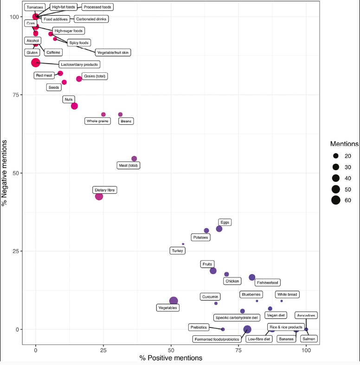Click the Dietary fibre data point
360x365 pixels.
click(x=99, y=196)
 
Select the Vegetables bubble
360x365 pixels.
click(x=174, y=301)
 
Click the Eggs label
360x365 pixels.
click(x=225, y=222)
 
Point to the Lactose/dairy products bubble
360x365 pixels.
click(x=36, y=63)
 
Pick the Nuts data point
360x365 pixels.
click(x=74, y=106)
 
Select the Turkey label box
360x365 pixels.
click(x=178, y=251)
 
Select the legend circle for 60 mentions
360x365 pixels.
click(x=336, y=200)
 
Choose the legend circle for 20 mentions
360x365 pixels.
click(x=336, y=155)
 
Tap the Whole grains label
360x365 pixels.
click(x=97, y=121)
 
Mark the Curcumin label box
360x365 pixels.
click(x=210, y=296)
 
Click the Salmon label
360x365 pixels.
click(x=309, y=339)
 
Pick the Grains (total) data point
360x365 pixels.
click(x=79, y=79)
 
